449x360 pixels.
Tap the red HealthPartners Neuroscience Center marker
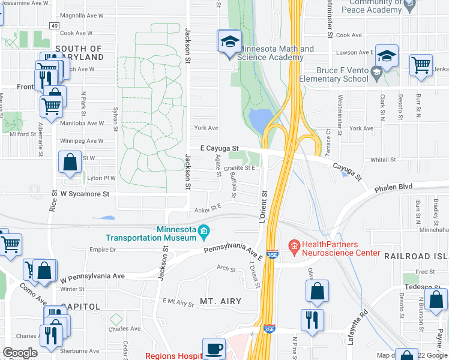(x=294, y=245)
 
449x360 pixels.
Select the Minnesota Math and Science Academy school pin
(x=229, y=43)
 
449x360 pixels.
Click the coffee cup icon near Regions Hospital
(x=213, y=349)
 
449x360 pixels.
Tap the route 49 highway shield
(x=54, y=25)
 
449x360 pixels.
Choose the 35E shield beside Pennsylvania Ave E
(x=271, y=254)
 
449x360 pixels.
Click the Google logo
(x=20, y=353)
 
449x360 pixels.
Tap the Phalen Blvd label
(x=394, y=187)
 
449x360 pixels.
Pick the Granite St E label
(x=240, y=169)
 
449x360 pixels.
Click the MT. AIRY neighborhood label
(x=221, y=301)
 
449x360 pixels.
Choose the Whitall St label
(x=383, y=160)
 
